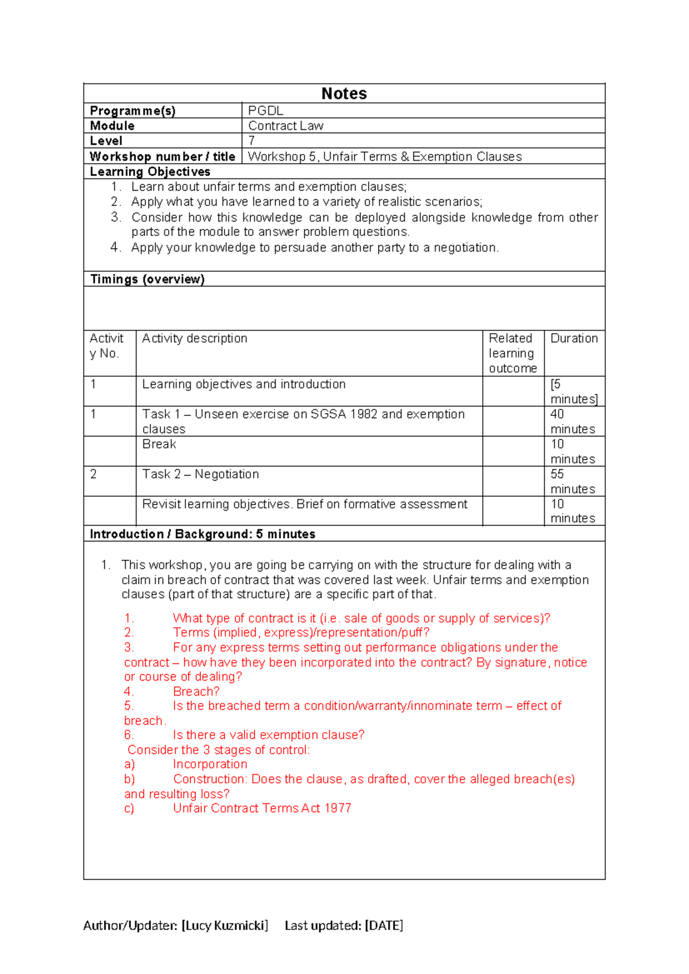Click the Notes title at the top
[344, 94]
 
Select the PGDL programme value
[265, 111]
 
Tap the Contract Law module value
[285, 126]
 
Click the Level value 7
[251, 141]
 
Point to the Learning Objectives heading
[150, 172]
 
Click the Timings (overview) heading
[148, 279]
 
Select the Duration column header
[574, 338]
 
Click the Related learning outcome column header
[512, 353]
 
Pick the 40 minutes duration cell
[572, 422]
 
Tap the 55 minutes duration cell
[572, 481]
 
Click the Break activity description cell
[159, 444]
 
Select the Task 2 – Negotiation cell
[200, 474]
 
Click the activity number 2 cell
[94, 474]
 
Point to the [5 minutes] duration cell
[572, 392]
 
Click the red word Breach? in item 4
[196, 691]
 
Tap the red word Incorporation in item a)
[210, 764]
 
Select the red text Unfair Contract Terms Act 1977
[262, 808]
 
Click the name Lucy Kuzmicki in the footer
[224, 925]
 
